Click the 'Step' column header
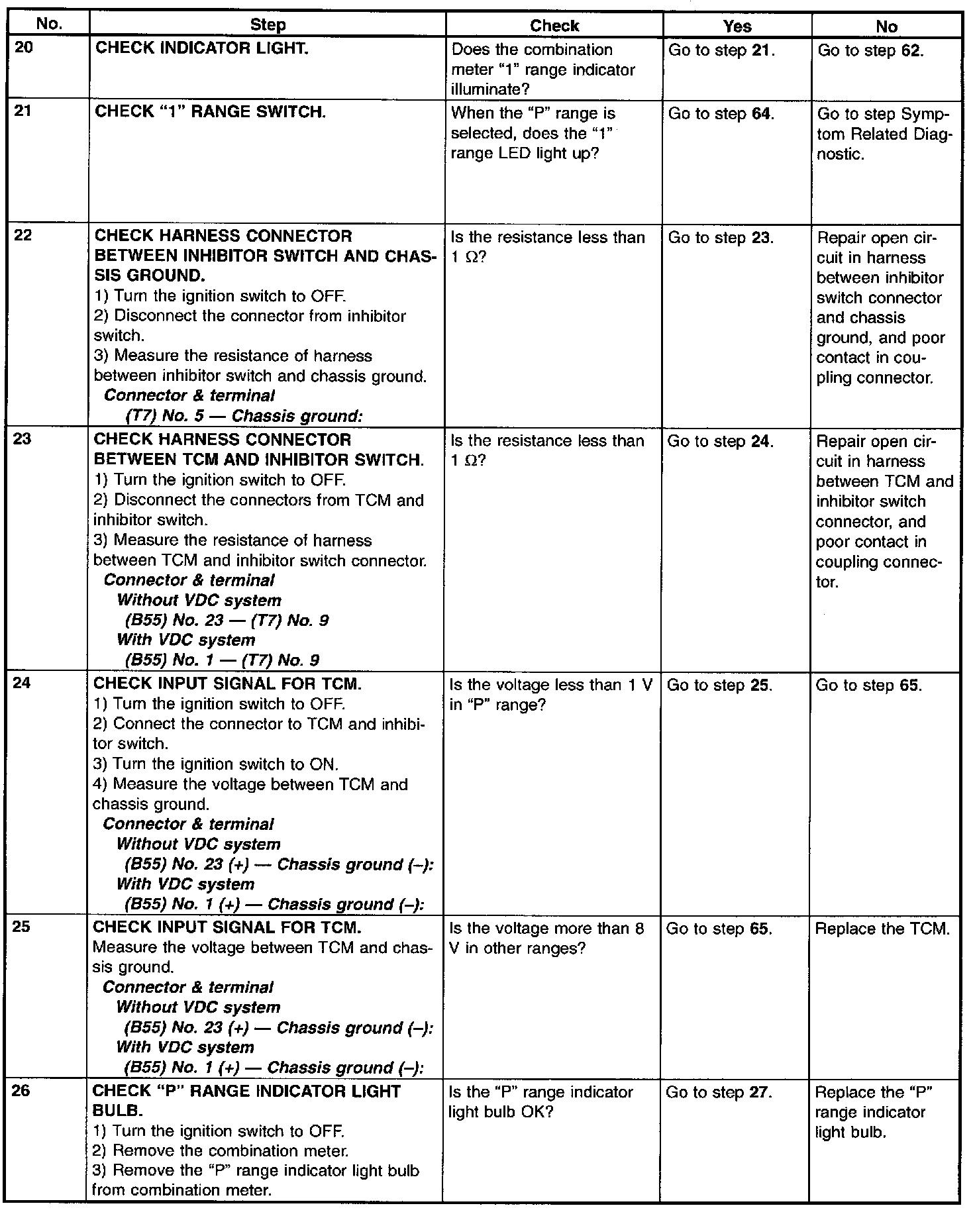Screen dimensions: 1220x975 click(268, 25)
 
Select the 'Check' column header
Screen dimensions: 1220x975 click(554, 25)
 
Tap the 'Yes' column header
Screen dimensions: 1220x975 click(737, 26)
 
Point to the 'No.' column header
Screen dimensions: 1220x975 click(50, 25)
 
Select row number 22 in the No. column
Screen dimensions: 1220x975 click(23, 235)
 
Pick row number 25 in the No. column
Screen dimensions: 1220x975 click(21, 927)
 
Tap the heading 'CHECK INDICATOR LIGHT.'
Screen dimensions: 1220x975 click(202, 49)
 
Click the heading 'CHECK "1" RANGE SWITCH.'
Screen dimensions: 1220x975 click(211, 111)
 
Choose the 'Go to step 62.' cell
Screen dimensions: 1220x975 click(870, 50)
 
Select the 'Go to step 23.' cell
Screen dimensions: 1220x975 click(721, 238)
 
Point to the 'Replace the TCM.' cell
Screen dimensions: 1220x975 click(882, 929)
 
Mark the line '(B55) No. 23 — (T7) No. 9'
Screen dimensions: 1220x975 click(227, 621)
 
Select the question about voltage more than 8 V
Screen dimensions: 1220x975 click(546, 938)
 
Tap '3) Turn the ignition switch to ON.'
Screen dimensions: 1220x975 click(216, 764)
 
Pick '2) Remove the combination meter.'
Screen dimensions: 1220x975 click(221, 1150)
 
